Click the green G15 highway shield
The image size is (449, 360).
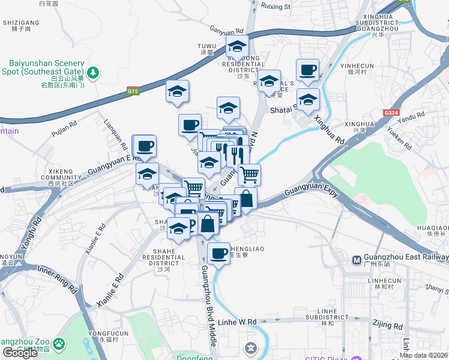click(133, 91)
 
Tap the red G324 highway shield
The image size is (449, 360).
click(390, 112)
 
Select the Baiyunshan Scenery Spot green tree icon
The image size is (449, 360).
click(92, 73)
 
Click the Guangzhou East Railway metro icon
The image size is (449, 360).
click(357, 260)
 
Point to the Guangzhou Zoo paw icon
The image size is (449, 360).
click(59, 344)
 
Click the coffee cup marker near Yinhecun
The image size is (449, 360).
click(307, 70)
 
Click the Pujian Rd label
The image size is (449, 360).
click(64, 126)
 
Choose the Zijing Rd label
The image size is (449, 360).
click(387, 324)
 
